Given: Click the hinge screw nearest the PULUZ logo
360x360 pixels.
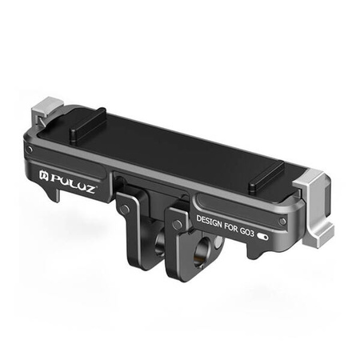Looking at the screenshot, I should click(x=124, y=210).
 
